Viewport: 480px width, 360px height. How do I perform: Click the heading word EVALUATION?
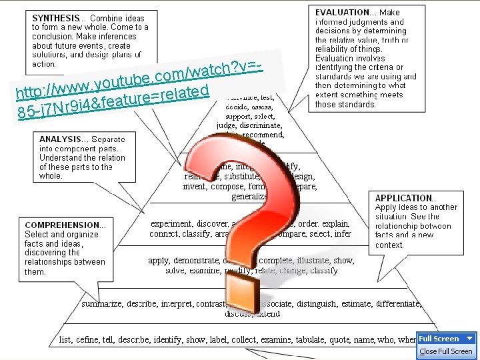click(342, 12)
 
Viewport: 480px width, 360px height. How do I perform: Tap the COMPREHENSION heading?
click(61, 225)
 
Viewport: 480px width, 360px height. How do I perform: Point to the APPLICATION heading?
click(404, 198)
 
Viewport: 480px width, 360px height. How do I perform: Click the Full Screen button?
click(439, 339)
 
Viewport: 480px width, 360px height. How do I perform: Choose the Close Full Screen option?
click(445, 351)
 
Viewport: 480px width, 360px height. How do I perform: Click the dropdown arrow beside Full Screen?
click(469, 339)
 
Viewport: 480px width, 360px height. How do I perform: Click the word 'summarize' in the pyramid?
click(101, 304)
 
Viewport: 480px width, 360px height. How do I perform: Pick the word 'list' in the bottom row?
click(65, 339)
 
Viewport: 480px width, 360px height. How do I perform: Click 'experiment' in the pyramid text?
click(171, 224)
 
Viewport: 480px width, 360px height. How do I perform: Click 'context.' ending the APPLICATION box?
click(390, 245)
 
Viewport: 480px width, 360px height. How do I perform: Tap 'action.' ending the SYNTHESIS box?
click(45, 64)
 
